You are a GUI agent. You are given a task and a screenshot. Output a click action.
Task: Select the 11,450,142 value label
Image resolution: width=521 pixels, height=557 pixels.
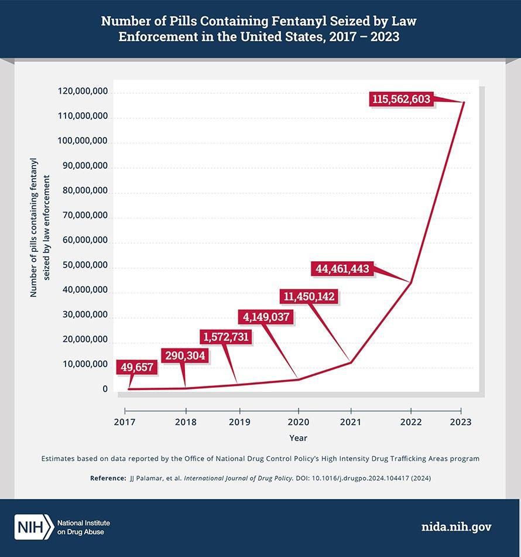(309, 296)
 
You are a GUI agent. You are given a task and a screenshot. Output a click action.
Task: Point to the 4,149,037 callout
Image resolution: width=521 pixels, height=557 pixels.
(266, 317)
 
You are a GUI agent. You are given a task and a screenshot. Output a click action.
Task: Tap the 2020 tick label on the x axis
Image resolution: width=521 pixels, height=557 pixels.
(299, 422)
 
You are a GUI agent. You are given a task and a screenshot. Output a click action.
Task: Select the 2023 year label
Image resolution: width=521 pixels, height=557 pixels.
(461, 422)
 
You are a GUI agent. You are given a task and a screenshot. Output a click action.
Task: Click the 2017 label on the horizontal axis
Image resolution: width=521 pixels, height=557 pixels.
(125, 422)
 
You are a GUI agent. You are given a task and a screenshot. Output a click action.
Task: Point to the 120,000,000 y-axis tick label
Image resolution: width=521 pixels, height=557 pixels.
(83, 91)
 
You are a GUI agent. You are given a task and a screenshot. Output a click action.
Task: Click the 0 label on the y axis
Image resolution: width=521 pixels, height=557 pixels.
(105, 389)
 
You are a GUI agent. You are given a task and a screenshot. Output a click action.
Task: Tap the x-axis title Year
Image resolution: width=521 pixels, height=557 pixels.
(298, 438)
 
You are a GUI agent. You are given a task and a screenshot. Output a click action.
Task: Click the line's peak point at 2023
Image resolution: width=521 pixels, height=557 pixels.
(464, 102)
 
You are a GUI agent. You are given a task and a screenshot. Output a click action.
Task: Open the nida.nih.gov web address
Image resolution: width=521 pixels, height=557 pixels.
(457, 527)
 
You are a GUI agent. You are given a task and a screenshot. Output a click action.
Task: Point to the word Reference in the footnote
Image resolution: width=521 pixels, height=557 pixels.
(107, 479)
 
